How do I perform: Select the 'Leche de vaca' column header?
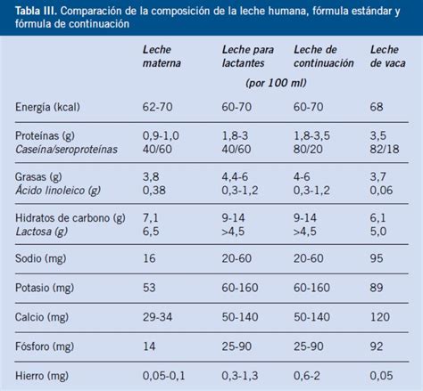(386, 57)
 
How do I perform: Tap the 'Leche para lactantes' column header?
(248, 57)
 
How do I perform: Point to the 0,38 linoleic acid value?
(154, 189)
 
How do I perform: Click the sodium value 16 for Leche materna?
(149, 257)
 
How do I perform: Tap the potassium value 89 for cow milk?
(377, 288)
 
